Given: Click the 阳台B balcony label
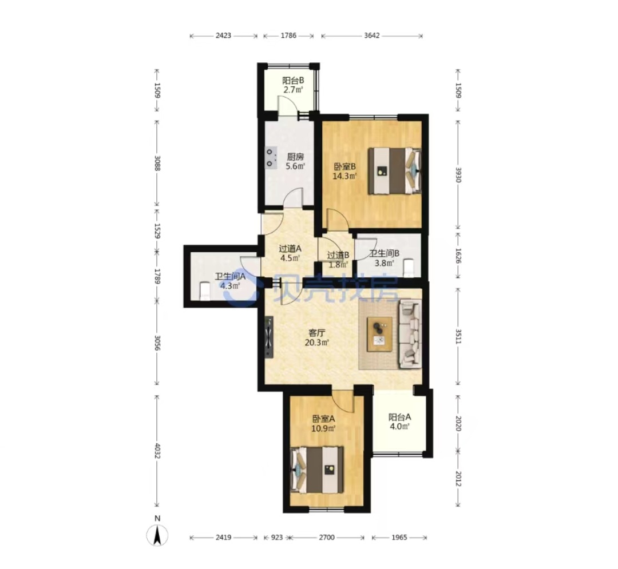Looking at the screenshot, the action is click(293, 80).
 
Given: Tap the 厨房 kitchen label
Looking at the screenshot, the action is click(295, 157).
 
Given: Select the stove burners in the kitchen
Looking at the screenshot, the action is click(271, 157).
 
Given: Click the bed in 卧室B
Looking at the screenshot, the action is click(394, 171).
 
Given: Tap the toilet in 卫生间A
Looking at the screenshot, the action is click(204, 291).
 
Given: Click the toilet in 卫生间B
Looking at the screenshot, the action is click(409, 268).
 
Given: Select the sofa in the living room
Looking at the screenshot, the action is click(410, 334).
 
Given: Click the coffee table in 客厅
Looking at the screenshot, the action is click(379, 334).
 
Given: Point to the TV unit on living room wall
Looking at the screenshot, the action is click(269, 337).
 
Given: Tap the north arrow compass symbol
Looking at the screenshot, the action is click(157, 535).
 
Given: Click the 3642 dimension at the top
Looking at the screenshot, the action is click(372, 35).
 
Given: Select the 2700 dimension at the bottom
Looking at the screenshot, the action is click(327, 537).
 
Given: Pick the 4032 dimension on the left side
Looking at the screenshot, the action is click(157, 451).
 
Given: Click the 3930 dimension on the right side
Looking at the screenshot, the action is click(458, 174).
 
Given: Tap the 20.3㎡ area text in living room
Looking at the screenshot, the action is click(317, 342).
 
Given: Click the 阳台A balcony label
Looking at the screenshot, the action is click(399, 417).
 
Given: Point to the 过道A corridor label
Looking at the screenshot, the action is click(290, 248).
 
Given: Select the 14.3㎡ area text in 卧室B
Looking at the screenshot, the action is click(345, 176).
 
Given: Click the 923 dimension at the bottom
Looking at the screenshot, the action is click(277, 537).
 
